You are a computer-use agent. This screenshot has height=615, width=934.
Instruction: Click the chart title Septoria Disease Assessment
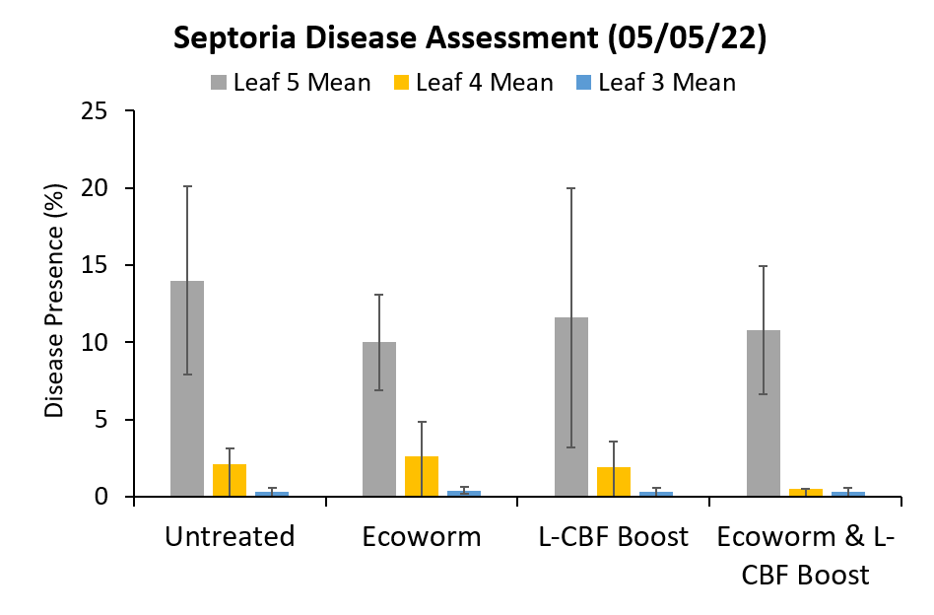pyautogui.click(x=466, y=38)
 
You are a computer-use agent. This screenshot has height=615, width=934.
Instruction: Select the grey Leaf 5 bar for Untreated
pyautogui.click(x=187, y=389)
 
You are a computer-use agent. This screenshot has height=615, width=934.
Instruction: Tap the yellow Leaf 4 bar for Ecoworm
pyautogui.click(x=422, y=477)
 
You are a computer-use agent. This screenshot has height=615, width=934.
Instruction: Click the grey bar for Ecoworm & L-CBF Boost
pyautogui.click(x=764, y=414)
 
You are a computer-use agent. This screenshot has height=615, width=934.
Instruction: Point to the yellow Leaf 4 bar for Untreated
pyautogui.click(x=230, y=481)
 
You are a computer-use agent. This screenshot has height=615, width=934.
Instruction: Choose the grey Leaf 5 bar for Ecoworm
pyautogui.click(x=379, y=420)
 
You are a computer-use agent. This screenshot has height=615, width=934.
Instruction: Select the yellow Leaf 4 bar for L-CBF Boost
pyautogui.click(x=614, y=482)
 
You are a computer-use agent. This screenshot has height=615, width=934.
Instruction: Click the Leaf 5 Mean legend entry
pyautogui.click(x=291, y=83)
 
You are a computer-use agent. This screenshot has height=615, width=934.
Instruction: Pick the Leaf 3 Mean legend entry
pyautogui.click(x=655, y=83)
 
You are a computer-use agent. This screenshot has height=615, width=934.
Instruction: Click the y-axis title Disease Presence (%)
pyautogui.click(x=56, y=301)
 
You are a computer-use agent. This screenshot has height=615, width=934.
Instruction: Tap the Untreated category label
pyautogui.click(x=230, y=537)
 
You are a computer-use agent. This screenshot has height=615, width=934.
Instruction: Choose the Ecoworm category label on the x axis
pyautogui.click(x=422, y=537)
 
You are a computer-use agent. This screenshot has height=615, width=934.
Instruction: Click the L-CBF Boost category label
pyautogui.click(x=614, y=537)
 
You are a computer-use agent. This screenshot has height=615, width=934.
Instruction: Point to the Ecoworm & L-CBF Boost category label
pyautogui.click(x=806, y=555)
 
